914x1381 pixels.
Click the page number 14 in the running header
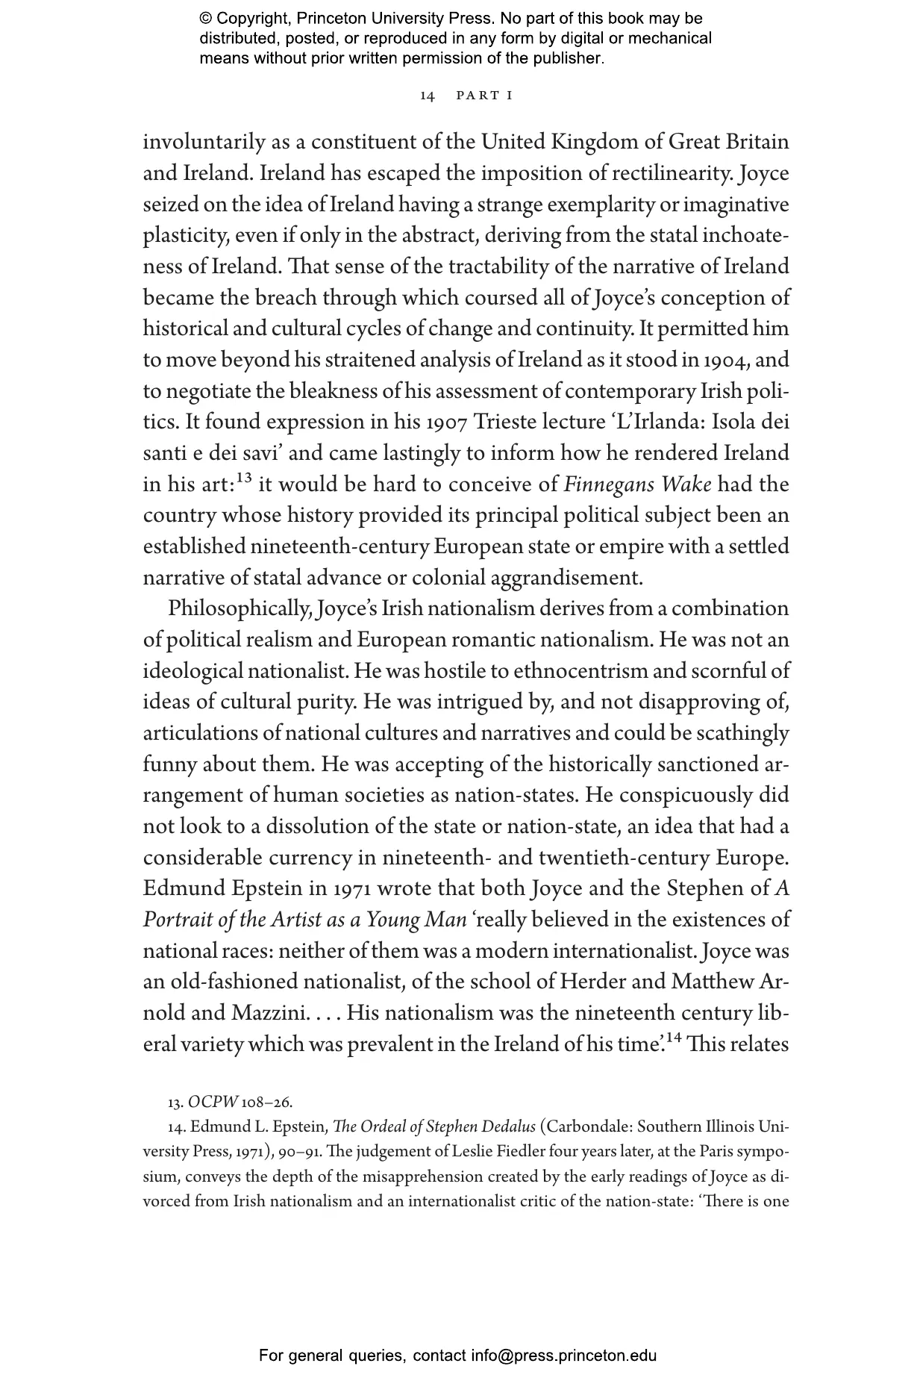point(428,96)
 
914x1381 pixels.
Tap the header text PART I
point(484,96)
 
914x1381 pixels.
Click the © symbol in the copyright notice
point(206,19)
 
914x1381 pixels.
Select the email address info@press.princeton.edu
point(563,1356)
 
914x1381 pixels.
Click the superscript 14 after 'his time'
point(674,1037)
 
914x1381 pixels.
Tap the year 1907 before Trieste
point(446,423)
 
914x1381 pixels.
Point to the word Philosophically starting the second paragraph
point(237,609)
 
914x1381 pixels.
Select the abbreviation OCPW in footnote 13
point(213,1103)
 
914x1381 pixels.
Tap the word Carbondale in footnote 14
point(589,1127)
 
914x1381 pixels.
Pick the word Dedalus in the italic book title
point(509,1127)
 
